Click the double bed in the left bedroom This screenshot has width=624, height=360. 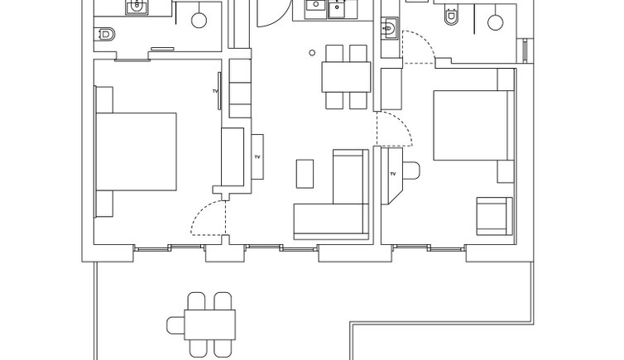click(x=136, y=151)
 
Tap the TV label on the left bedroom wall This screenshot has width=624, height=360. click(x=215, y=91)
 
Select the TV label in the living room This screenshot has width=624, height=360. click(x=257, y=157)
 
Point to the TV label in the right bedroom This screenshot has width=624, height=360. click(x=393, y=174)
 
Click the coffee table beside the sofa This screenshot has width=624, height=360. click(x=305, y=174)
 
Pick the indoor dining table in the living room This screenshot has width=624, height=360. click(x=346, y=77)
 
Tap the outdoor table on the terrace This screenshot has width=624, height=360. click(x=209, y=325)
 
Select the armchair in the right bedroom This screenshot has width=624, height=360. click(x=494, y=216)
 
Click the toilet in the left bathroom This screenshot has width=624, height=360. click(x=104, y=35)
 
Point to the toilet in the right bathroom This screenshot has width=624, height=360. click(x=451, y=16)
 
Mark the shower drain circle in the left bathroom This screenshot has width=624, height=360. click(x=199, y=21)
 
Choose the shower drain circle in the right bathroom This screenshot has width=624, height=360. click(x=495, y=22)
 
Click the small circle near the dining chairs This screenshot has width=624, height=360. click(x=312, y=52)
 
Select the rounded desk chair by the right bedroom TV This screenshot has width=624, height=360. click(x=411, y=170)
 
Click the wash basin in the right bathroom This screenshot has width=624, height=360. click(x=389, y=28)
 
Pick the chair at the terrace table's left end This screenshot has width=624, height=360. click(x=176, y=325)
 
